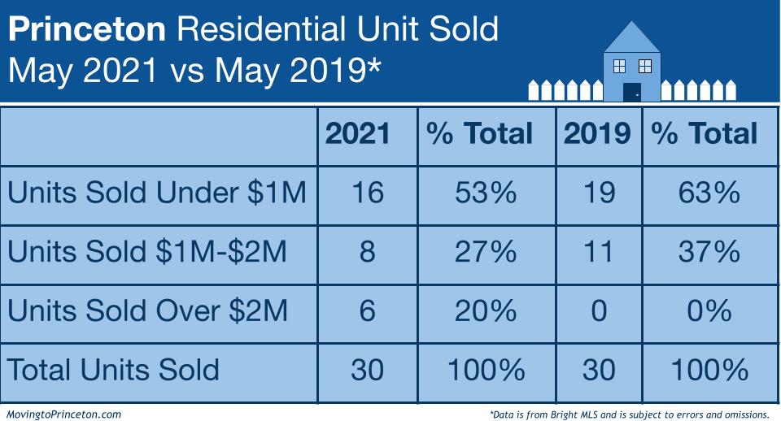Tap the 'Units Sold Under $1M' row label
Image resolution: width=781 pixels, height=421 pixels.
click(x=157, y=193)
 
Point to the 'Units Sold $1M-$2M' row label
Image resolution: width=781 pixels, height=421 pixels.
click(x=147, y=252)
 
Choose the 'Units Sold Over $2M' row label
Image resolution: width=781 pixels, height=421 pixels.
click(x=147, y=310)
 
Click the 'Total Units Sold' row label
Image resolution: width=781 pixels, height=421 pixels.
click(x=114, y=370)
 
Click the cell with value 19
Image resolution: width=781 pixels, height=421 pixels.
click(x=598, y=193)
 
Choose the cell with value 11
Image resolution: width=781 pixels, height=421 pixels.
click(x=598, y=252)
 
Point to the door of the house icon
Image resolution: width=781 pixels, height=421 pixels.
click(x=632, y=90)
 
